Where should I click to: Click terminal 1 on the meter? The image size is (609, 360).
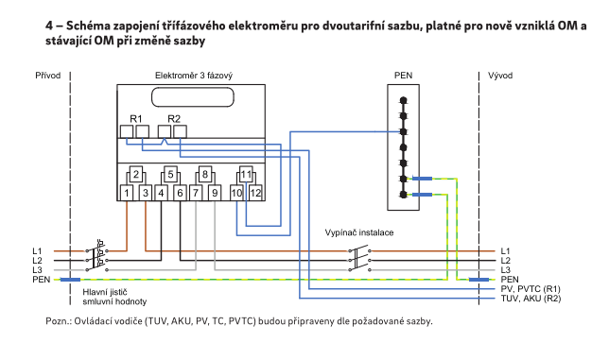127,193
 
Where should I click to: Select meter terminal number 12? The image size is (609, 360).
255,193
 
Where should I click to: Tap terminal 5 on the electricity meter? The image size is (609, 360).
170,175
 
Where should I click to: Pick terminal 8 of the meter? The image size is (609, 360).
205,175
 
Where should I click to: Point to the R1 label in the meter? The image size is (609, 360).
136,119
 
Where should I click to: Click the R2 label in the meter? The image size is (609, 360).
174,119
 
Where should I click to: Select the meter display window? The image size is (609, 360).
193,97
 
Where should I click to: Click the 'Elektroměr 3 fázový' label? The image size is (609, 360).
194,76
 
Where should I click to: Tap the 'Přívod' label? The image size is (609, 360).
48,76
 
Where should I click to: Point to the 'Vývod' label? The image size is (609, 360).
500,76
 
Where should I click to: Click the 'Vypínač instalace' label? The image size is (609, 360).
359,232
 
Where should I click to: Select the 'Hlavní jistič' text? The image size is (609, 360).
105,292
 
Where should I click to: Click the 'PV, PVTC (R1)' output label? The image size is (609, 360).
531,289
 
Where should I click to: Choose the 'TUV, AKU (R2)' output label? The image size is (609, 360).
531,299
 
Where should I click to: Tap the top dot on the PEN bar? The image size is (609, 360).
404,100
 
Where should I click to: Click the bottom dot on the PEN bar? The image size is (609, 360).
404,195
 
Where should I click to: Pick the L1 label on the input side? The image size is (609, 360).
37,251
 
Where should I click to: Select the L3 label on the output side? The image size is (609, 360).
505,270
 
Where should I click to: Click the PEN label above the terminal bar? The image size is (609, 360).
403,76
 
